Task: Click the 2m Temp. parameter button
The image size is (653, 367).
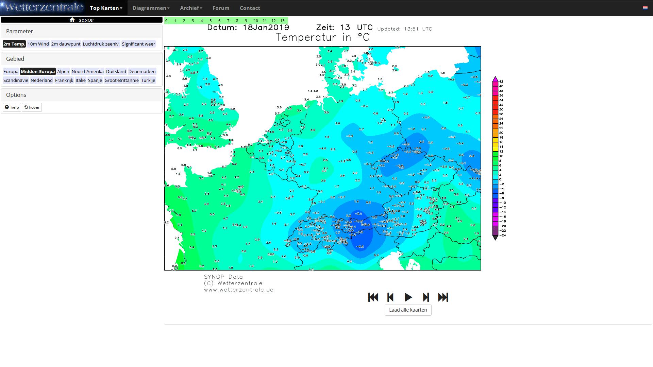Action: coord(14,44)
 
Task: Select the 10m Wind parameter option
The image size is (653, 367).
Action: coord(38,44)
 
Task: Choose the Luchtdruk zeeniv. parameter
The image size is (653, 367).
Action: coord(101,44)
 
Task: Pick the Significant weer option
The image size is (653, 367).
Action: coord(138,44)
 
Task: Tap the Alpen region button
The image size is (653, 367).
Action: coord(63,71)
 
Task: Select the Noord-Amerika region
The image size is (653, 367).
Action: coord(87,71)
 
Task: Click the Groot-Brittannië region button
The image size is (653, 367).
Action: coord(121,80)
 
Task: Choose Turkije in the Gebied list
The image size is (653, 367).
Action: coord(148,80)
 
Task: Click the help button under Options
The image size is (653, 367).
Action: coord(12,107)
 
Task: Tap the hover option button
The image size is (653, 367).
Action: coord(32,107)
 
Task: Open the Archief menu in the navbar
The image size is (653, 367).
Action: coord(191,8)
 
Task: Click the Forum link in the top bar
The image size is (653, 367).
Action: coord(221,8)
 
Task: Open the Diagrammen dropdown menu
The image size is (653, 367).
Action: coord(151,8)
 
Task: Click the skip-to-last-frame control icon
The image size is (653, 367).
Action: coord(443,297)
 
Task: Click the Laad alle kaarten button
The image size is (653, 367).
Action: coord(408,310)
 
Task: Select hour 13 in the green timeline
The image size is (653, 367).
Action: coord(282,21)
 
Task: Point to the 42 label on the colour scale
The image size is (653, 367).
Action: coord(501,82)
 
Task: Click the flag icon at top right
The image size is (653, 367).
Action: coord(645,7)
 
